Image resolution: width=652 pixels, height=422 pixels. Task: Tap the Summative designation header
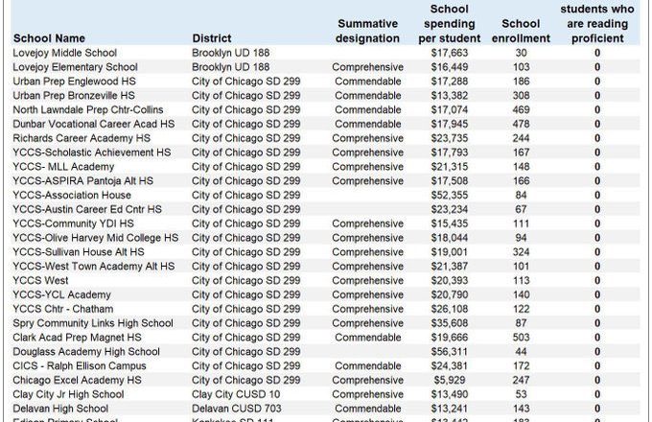tap(367, 31)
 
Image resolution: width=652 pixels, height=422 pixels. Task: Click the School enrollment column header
tap(521, 31)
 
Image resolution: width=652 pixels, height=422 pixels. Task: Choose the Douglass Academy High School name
tap(86, 352)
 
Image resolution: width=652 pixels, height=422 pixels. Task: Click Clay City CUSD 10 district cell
tap(236, 394)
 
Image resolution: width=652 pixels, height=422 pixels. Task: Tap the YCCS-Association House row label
tap(72, 195)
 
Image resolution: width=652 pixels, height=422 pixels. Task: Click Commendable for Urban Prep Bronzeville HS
tap(367, 96)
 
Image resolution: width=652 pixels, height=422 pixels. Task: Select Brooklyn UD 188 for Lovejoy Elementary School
tap(231, 67)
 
